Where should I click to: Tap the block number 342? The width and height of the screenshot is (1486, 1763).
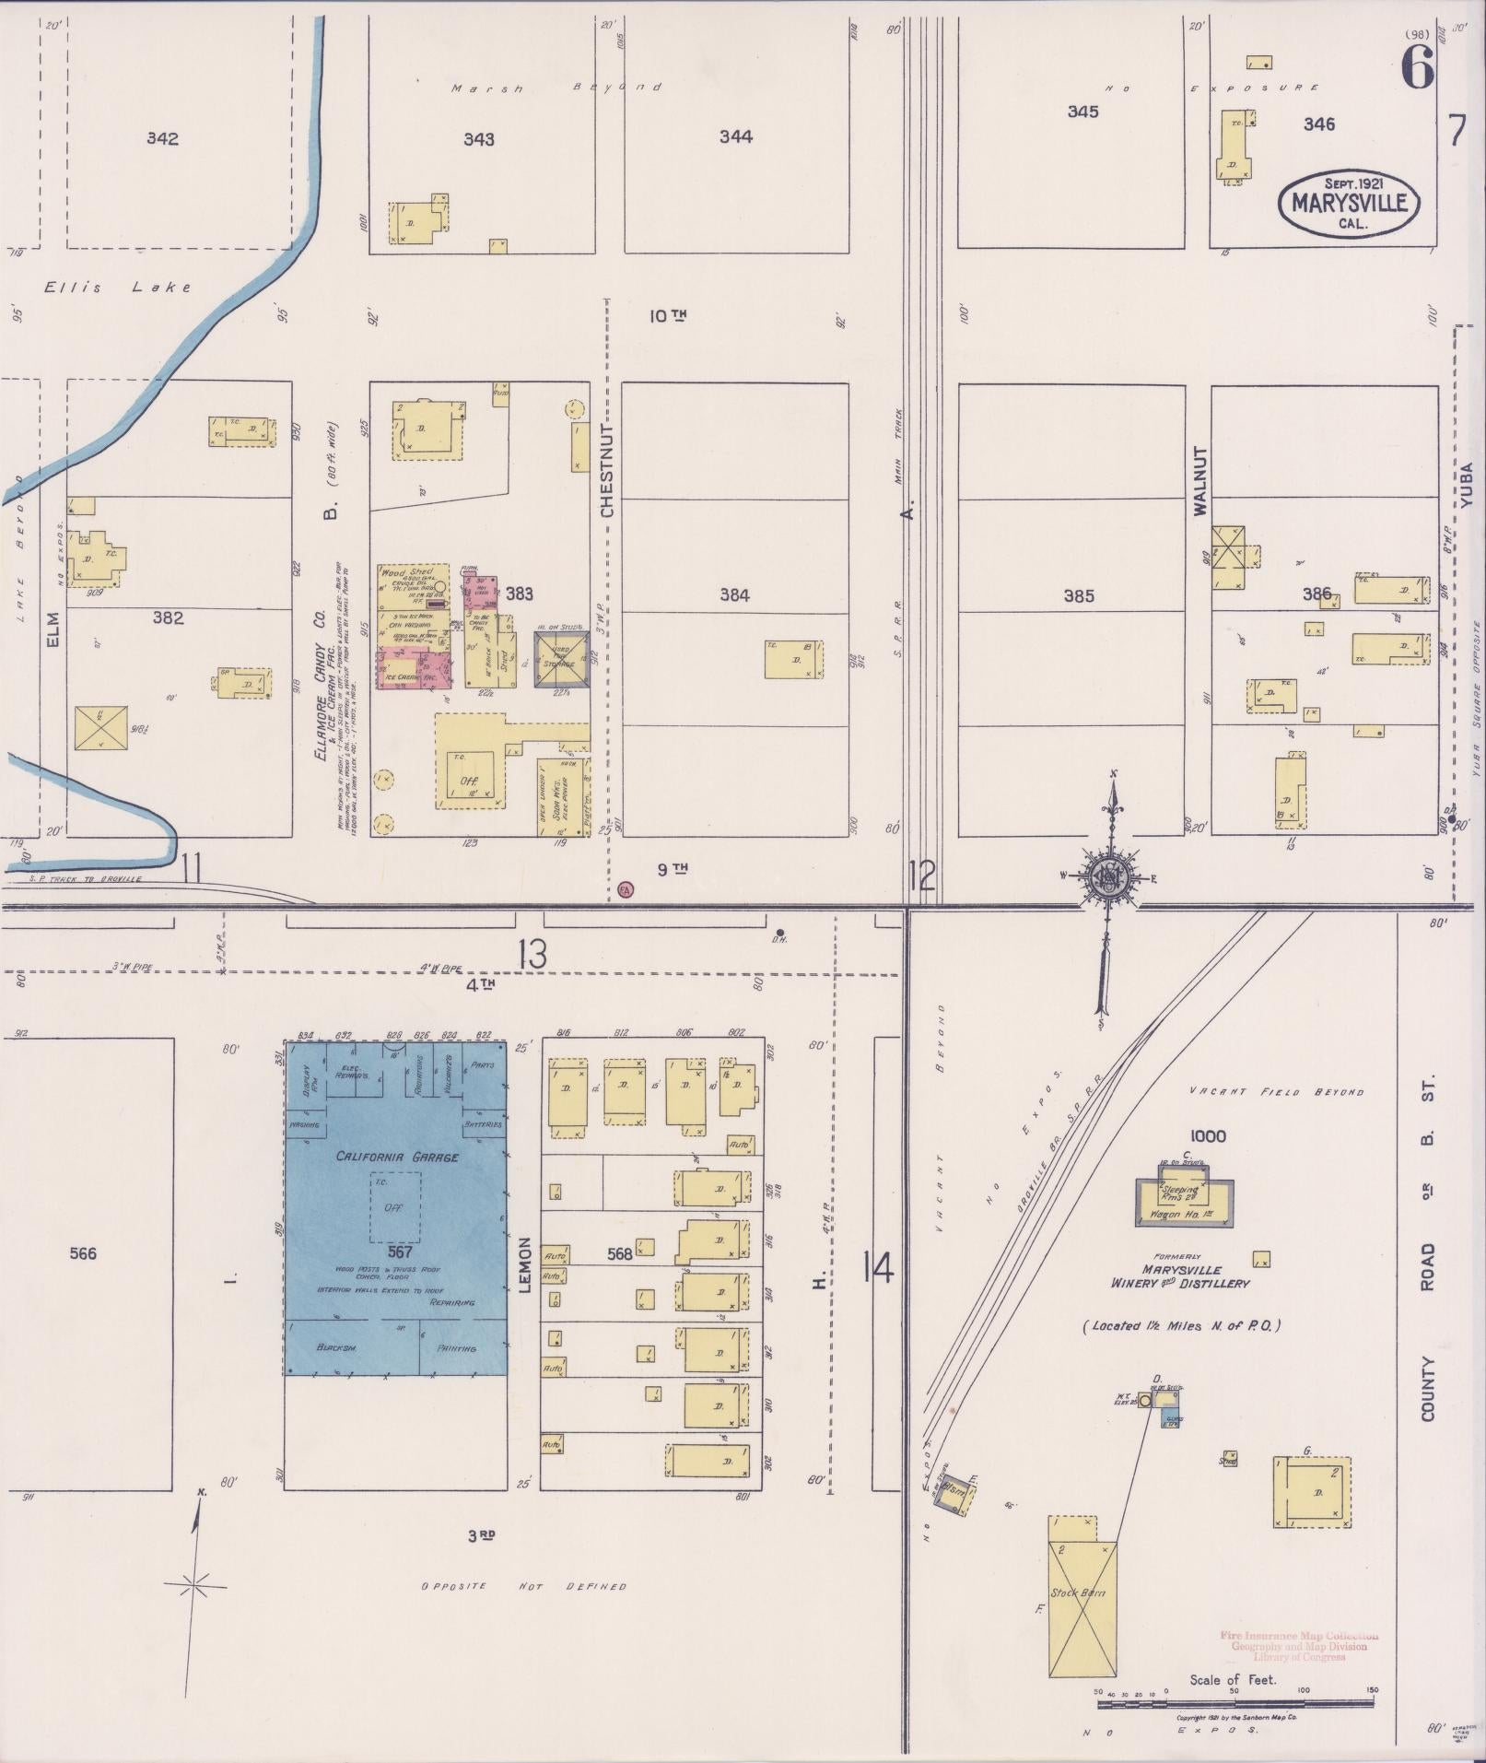(x=162, y=139)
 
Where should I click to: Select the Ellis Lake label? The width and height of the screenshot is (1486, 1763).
(x=118, y=288)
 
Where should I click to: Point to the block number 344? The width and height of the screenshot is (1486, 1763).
(x=735, y=137)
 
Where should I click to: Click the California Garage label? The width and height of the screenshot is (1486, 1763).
(x=396, y=1157)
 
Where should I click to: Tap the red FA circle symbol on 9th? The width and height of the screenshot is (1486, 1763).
(x=626, y=889)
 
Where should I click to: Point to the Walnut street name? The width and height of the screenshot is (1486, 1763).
(x=1199, y=481)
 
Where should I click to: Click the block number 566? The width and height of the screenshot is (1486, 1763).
(x=83, y=1253)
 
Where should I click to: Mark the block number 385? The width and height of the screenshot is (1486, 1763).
(x=1078, y=596)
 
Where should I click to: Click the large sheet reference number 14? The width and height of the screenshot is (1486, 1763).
(x=878, y=1271)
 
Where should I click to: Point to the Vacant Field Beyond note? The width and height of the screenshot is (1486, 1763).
(x=1276, y=1092)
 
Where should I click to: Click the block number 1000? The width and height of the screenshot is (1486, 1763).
(x=1207, y=1136)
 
